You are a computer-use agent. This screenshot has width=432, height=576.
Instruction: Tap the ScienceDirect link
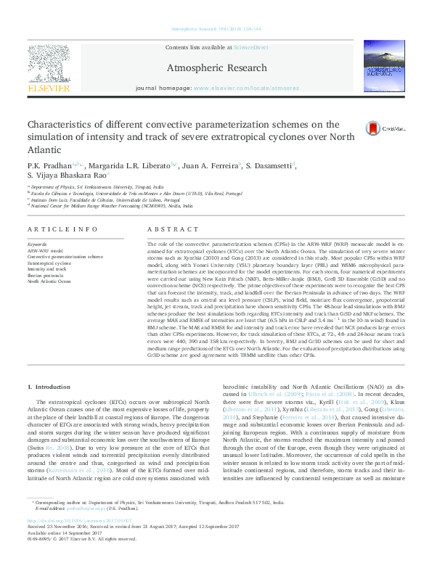250,47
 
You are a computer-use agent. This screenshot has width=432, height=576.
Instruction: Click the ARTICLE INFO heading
62,229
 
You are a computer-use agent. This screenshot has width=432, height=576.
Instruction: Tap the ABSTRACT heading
162,229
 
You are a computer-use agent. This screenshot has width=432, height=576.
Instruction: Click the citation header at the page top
216,28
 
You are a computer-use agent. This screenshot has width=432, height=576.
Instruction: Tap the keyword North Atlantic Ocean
49,281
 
